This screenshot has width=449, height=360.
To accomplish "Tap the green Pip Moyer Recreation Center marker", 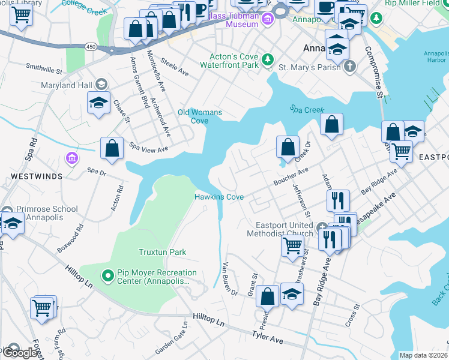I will [x=108, y=276].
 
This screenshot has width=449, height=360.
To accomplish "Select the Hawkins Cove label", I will [x=219, y=197].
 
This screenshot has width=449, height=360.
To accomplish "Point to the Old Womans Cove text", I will [x=200, y=116].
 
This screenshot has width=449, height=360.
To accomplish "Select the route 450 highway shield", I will [x=91, y=46].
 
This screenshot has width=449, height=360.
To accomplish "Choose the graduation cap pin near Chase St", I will [x=98, y=103].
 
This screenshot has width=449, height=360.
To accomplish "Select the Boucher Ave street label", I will [x=291, y=174].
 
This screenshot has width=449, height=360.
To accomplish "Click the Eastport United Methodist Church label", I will [x=281, y=229].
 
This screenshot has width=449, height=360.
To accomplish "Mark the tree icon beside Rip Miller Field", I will [x=376, y=18].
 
